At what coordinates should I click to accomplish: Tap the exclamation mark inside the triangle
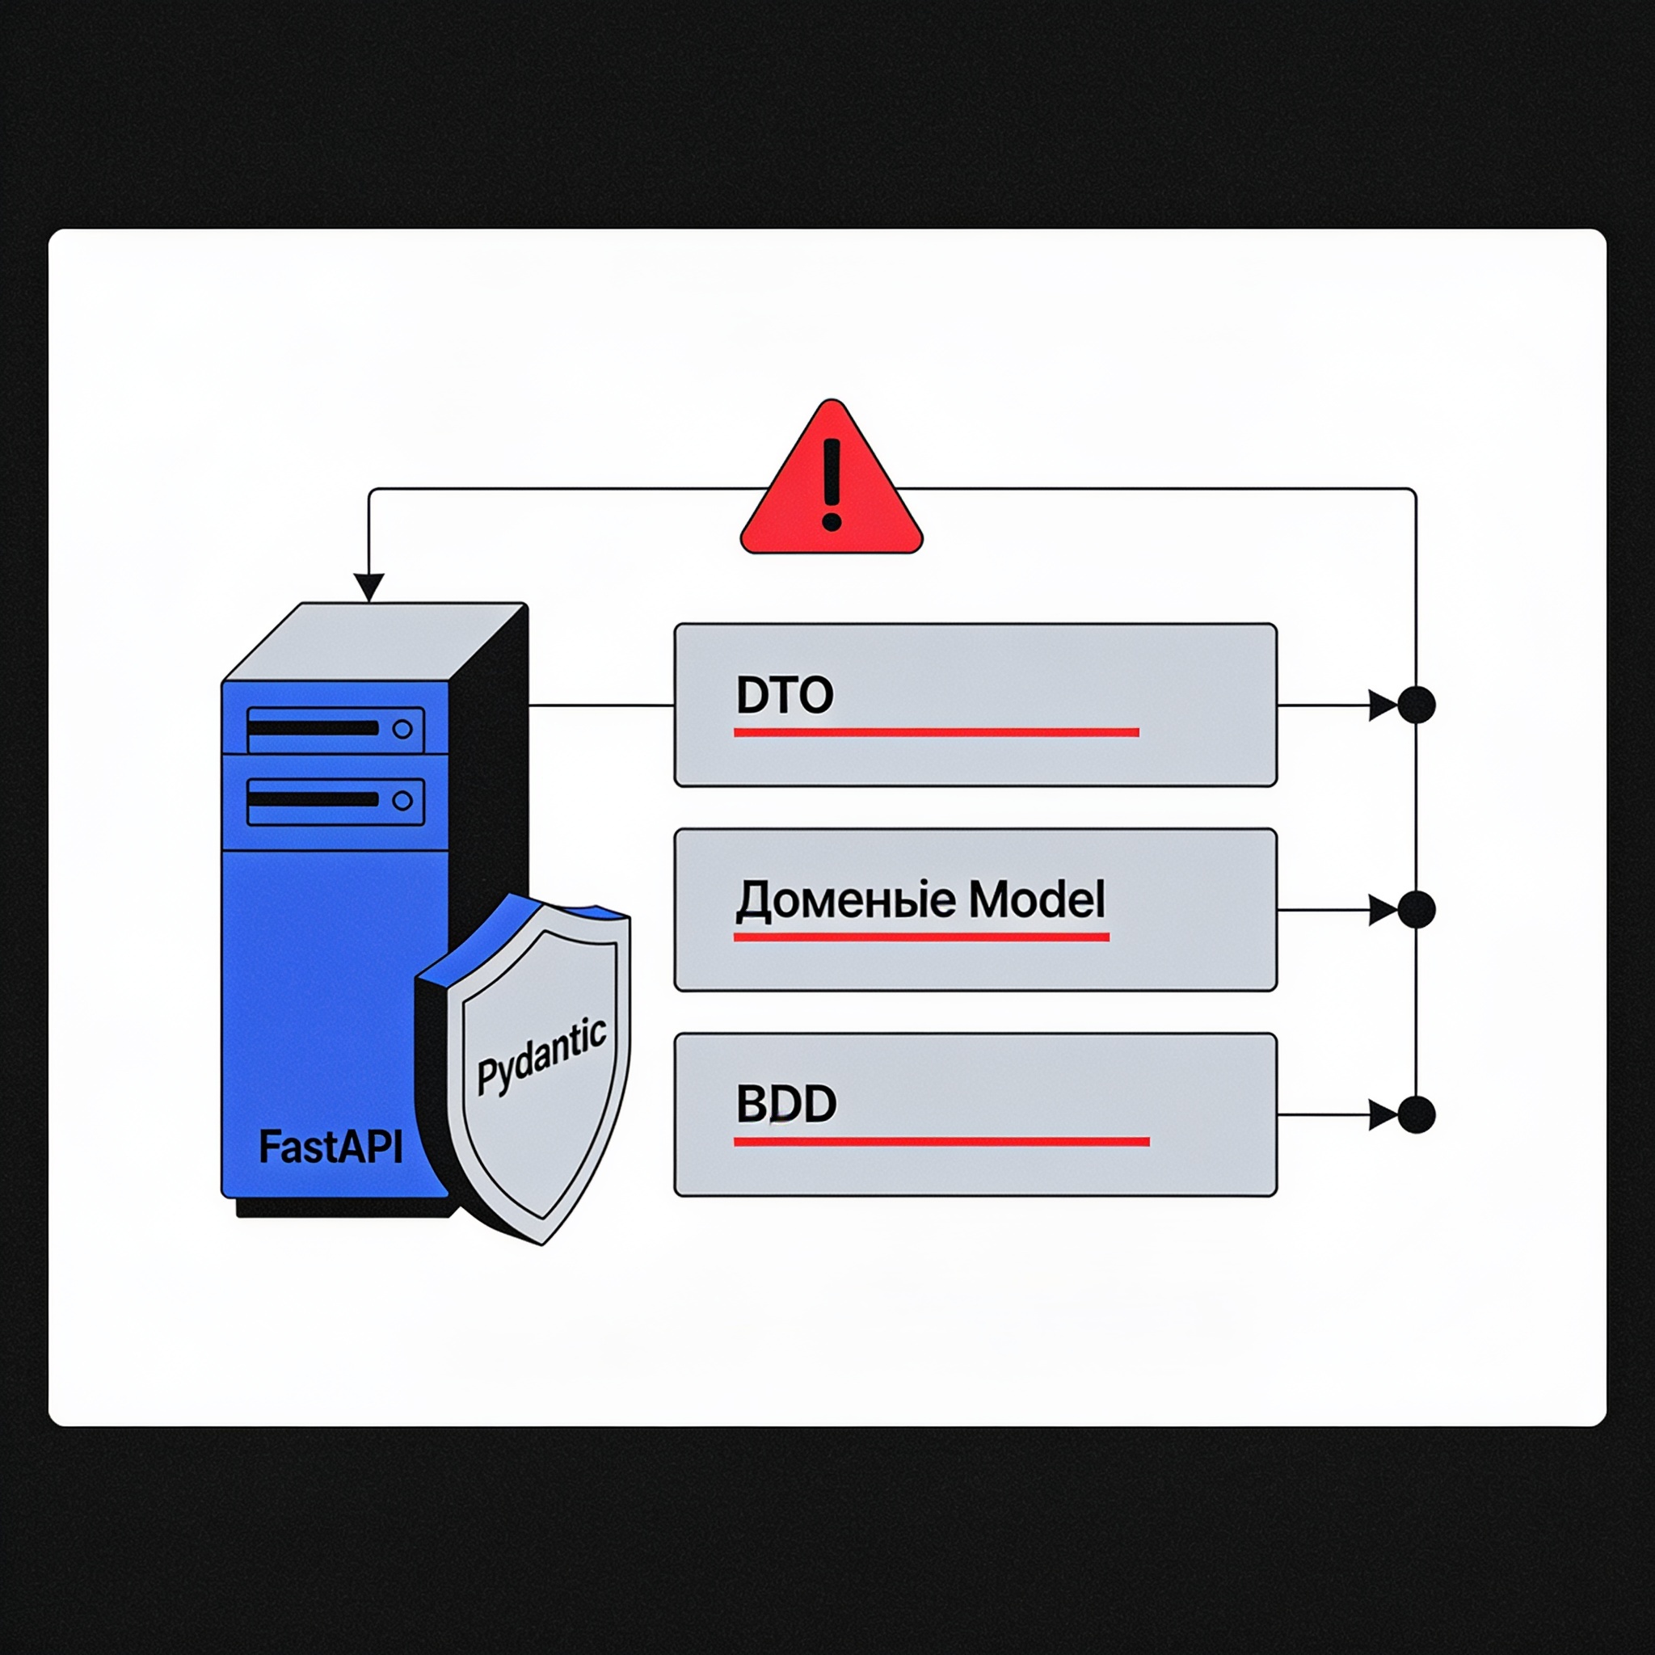click(831, 485)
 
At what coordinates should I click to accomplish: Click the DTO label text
click(784, 695)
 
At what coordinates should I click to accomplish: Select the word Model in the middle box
click(1037, 899)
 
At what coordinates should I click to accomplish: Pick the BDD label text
click(785, 1104)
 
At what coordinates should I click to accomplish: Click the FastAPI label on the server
click(331, 1147)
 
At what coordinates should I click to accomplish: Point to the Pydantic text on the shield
click(541, 1056)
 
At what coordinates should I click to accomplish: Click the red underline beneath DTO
click(937, 732)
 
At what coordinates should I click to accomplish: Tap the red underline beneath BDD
click(941, 1142)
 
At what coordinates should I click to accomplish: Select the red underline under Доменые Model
click(921, 937)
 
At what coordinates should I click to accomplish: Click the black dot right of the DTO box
click(1416, 705)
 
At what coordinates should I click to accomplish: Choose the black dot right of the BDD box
click(1416, 1115)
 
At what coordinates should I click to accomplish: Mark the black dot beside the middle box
click(1416, 910)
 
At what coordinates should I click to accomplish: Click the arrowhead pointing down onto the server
click(368, 588)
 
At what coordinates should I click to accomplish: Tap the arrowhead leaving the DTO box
click(1383, 705)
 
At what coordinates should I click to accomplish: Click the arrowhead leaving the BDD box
click(1383, 1115)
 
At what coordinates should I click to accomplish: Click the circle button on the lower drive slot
click(402, 801)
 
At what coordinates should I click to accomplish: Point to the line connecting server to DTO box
click(601, 705)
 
